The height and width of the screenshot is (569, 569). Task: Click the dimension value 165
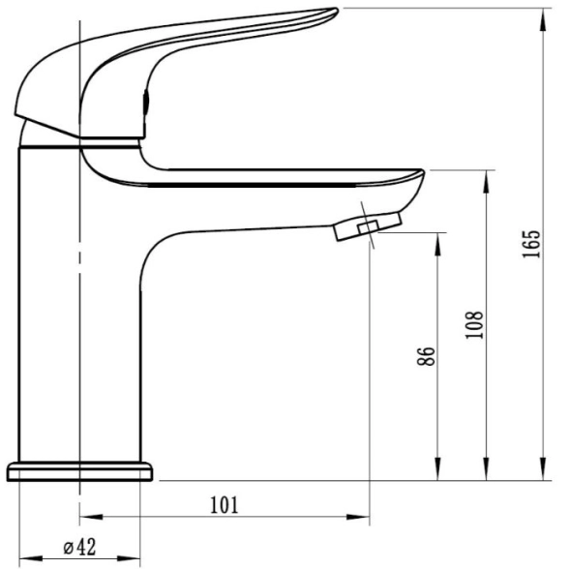pos(531,244)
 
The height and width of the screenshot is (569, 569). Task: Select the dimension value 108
pos(474,325)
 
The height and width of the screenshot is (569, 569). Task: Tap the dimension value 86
pos(426,356)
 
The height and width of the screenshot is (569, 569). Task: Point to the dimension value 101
pos(225,505)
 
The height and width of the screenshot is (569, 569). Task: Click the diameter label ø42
pos(79,548)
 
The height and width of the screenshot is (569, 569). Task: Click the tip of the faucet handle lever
pos(338,10)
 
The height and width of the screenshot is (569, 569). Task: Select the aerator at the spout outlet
pos(368,226)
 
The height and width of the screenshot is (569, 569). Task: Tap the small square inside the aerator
pos(369,227)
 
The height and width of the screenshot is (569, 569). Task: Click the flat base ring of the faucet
pos(79,472)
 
